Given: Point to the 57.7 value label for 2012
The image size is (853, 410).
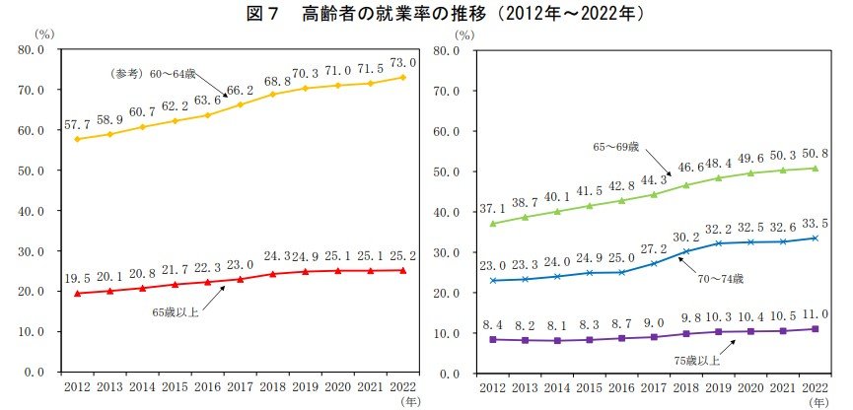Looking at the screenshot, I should pos(77,126).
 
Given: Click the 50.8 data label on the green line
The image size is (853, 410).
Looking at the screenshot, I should pos(814,153).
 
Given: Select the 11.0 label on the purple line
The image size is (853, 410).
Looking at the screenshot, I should pos(814,313).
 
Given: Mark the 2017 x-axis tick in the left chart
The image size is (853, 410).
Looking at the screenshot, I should pos(240,387).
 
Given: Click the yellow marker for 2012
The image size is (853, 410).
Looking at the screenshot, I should pos(77,139).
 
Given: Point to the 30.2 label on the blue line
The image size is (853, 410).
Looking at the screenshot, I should pos(684,237).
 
